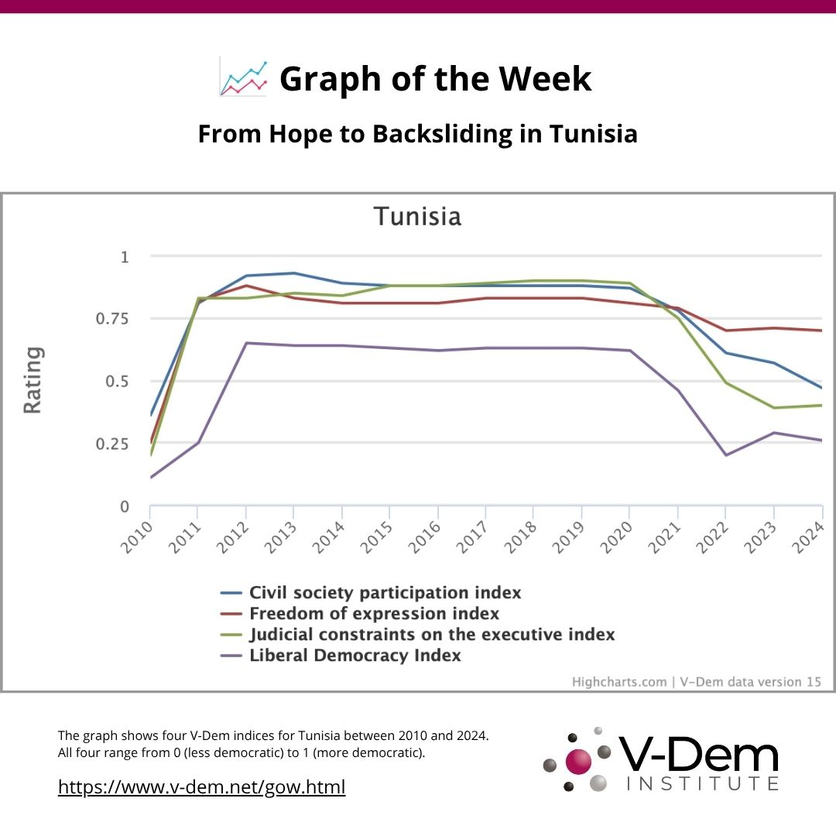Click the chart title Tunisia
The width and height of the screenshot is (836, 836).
(x=417, y=216)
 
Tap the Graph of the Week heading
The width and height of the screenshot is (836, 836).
(x=435, y=78)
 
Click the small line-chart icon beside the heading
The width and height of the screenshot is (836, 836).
(x=243, y=77)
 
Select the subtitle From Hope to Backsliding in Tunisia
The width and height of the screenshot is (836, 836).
(x=417, y=134)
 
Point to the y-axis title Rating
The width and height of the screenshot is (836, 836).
(x=33, y=380)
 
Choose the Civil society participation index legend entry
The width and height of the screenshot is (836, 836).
(x=385, y=593)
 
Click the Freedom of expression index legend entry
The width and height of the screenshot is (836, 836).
(x=374, y=614)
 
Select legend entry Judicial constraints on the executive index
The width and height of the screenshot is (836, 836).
(x=432, y=635)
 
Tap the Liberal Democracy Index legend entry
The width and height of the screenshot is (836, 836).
(x=355, y=656)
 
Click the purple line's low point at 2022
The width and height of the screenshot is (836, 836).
(x=725, y=455)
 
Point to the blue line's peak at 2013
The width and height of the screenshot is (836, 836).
(x=293, y=272)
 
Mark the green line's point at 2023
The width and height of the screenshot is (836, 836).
(x=773, y=408)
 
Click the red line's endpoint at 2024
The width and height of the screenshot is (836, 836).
(x=821, y=331)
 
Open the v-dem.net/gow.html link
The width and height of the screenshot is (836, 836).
(x=202, y=787)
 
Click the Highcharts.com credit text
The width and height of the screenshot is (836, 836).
(x=619, y=682)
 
